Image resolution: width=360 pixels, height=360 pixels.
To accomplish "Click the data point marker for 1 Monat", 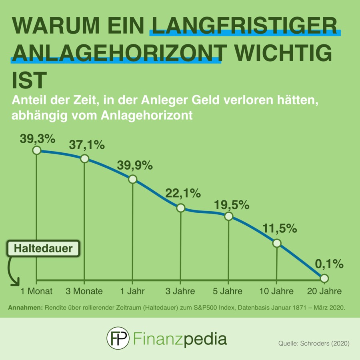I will point(36,150).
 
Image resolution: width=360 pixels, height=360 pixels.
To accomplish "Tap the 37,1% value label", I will point(87,144).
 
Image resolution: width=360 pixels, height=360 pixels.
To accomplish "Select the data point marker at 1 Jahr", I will point(132,179).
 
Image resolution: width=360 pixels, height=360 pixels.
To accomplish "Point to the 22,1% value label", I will point(183,194).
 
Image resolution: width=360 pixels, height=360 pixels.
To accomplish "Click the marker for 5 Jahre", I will point(228,216).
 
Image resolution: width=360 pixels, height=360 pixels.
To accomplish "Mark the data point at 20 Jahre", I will point(324,278).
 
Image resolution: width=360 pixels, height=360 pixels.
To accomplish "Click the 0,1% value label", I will point(329,264).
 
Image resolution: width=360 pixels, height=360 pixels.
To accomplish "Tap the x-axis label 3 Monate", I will point(84,291).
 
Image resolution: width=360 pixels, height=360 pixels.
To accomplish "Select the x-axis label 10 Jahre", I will point(276,291).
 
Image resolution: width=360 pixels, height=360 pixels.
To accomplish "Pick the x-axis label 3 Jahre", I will point(180,291).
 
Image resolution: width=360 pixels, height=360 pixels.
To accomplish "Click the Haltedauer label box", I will point(44,249).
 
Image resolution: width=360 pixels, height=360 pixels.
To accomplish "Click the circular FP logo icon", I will point(118,338).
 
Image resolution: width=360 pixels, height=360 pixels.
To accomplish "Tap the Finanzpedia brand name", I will point(180,339).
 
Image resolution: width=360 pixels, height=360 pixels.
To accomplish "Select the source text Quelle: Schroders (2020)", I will point(314,344).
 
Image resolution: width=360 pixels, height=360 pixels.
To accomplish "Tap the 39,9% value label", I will point(135,165).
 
